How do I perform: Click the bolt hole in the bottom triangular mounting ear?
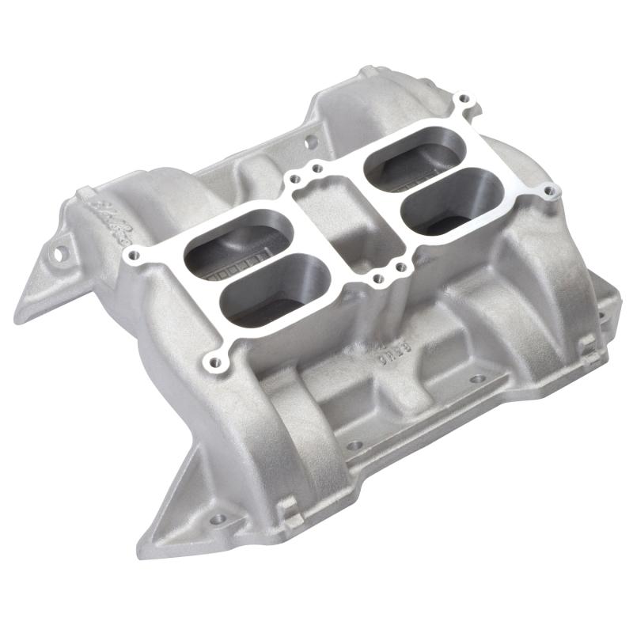(x=218, y=520)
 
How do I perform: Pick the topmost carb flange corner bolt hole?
(x=465, y=100)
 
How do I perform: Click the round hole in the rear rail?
(x=311, y=143)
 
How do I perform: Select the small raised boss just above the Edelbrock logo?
(x=84, y=193)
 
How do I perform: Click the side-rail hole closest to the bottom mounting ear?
(x=354, y=445)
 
